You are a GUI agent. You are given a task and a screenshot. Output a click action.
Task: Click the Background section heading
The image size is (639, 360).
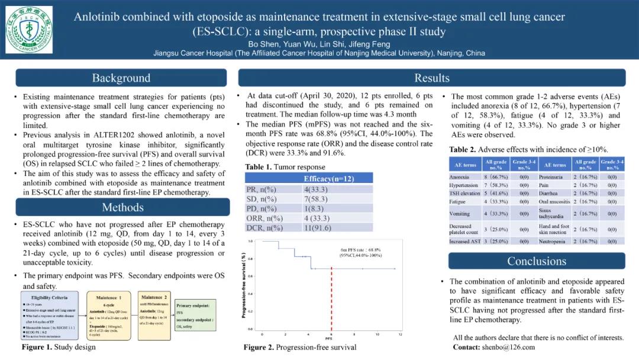pyautogui.click(x=121, y=78)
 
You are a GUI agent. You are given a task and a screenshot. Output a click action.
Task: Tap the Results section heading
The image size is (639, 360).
pyautogui.click(x=432, y=78)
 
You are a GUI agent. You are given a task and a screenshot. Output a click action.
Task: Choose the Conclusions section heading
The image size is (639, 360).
pyautogui.click(x=537, y=261)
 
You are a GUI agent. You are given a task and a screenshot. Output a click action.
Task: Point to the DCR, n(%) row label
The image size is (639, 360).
pyautogui.click(x=264, y=227)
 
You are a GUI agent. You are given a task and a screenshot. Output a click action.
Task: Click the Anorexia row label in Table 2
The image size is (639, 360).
pyautogui.click(x=459, y=177)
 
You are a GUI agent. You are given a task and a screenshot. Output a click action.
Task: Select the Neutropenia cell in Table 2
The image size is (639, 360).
pyautogui.click(x=553, y=242)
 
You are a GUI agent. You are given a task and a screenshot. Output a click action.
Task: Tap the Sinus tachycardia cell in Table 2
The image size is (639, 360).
pyautogui.click(x=553, y=213)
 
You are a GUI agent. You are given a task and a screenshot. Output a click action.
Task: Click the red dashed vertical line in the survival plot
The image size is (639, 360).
pyautogui.click(x=331, y=296)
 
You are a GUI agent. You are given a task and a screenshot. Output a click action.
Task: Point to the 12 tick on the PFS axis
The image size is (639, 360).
pyautogui.click(x=401, y=335)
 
